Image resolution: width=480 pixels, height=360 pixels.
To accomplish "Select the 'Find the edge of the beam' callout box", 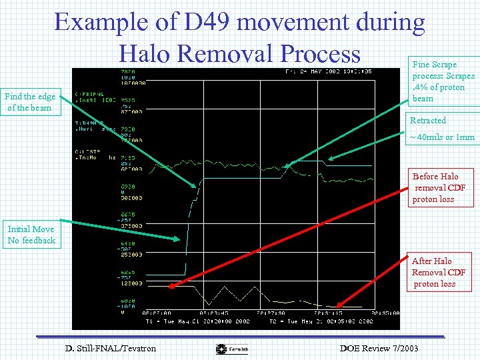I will point(32,102).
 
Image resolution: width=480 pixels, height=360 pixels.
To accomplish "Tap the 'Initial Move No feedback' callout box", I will point(31,235).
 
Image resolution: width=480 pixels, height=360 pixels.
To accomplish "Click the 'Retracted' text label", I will point(428,121).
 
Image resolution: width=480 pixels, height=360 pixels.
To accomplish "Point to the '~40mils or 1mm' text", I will point(442,137).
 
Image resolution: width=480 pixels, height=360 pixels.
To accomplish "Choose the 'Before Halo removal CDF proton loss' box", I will point(442,188).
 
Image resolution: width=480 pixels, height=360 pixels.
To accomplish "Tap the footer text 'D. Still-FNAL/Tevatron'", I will point(111,348).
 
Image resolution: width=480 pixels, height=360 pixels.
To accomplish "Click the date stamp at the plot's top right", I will point(328,71).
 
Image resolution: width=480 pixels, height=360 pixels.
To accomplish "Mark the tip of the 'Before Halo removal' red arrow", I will point(170,287).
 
